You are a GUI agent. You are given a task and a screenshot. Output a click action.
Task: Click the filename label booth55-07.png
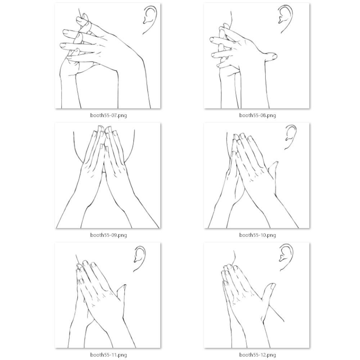coord(109,115)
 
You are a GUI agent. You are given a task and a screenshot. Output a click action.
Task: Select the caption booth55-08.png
coord(258,115)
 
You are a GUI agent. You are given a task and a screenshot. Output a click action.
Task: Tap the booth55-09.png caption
coord(109,235)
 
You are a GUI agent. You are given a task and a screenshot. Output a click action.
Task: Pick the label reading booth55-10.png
coord(258,235)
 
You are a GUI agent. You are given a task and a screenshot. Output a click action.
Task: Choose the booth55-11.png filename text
coord(109,355)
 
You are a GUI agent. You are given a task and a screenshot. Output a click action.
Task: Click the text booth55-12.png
coord(258,355)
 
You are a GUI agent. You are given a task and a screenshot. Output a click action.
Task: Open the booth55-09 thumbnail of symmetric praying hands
coord(108,176)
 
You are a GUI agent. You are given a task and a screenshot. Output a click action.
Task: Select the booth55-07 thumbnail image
coord(108,56)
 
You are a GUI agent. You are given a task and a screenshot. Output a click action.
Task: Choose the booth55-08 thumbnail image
coord(257,56)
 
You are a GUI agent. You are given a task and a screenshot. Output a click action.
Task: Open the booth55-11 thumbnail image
coord(108,295)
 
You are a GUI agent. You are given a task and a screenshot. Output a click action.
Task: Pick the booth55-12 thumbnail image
coord(257,295)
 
